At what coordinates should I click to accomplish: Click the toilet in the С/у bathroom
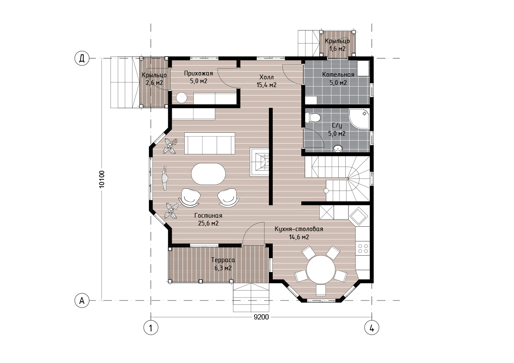pos(312,118)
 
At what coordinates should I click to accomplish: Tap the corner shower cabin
pos(359,119)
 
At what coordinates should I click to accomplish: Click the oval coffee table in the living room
pos(208,174)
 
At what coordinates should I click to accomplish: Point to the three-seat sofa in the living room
pos(210,144)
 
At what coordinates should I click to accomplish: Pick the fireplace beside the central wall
pos(260,162)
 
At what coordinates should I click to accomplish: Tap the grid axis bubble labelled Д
pos(82,59)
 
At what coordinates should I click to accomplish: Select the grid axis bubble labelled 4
pos(372,328)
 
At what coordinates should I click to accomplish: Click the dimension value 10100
pos(101,179)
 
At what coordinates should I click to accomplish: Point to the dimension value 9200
pos(261,317)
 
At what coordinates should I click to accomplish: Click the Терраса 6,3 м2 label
pos(223,264)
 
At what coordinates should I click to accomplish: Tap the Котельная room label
pos(338,75)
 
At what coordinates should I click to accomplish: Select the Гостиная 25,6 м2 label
pos(208,219)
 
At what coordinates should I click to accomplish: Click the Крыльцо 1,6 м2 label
pos(337,45)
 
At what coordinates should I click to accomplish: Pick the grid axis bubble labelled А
pos(82,300)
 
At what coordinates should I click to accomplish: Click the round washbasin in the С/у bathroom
pos(337,149)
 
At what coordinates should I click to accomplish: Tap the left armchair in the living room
pos(189,197)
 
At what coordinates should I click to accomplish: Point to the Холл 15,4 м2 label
pos(266,81)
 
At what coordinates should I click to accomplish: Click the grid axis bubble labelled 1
pos(151,328)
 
